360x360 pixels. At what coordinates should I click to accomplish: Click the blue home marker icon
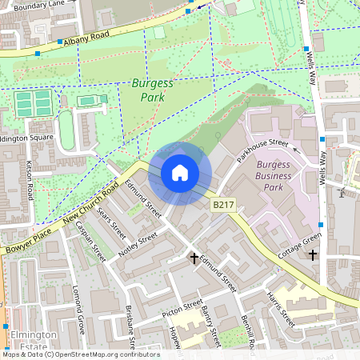tap(180, 173)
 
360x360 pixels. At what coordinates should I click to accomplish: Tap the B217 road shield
tap(223, 206)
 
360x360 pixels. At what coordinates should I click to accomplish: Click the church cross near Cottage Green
tap(313, 255)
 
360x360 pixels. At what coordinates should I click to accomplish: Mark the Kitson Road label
tap(30, 181)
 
